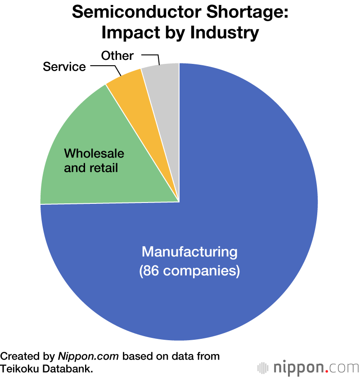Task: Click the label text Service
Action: [x=64, y=67]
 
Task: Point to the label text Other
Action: [x=117, y=56]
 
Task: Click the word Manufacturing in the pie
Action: [x=189, y=252]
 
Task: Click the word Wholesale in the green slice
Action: [x=94, y=153]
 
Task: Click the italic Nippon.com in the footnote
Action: [x=88, y=357]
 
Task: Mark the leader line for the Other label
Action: [x=153, y=57]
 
